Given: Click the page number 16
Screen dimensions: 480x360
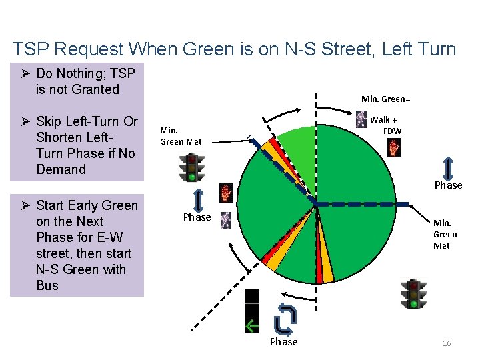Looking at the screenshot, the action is click(x=447, y=343).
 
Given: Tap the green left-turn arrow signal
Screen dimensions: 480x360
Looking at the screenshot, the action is click(x=251, y=326).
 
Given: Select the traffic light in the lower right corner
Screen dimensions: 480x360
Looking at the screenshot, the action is click(x=413, y=294).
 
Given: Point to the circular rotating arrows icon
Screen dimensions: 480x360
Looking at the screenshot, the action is click(x=284, y=319).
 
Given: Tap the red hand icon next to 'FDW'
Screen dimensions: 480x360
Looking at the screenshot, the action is click(x=394, y=147).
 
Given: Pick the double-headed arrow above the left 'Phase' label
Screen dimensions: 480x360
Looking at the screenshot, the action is click(x=198, y=200).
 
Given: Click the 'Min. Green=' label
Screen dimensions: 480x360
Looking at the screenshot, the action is click(x=385, y=99).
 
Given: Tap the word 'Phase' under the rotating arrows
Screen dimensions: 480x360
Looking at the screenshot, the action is click(x=283, y=342).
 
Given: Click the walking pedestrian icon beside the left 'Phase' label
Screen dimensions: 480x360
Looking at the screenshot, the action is click(x=226, y=219).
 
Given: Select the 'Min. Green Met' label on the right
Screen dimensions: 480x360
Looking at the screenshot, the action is click(x=445, y=234).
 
